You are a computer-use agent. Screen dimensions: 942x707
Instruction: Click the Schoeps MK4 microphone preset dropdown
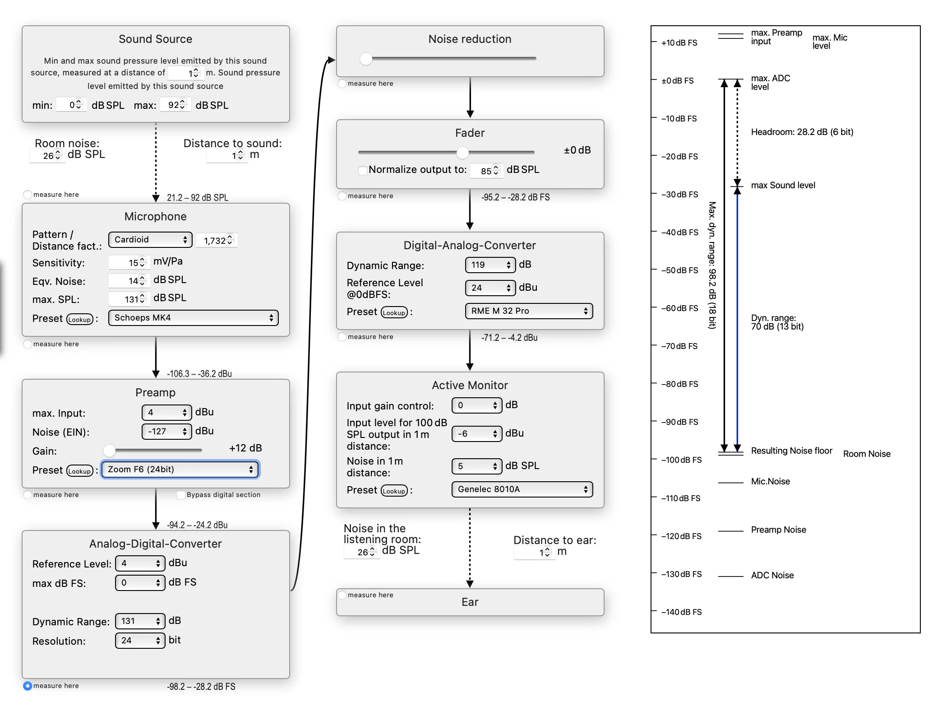coord(193,318)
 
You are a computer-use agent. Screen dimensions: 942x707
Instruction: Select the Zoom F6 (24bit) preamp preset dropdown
coord(180,470)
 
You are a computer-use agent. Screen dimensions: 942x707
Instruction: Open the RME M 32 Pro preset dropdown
coord(529,311)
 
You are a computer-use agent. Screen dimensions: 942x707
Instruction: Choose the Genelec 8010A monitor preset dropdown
coord(522,489)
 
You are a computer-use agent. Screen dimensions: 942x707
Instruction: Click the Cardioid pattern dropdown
coord(150,240)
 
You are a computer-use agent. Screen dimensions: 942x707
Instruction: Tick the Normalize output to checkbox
coord(363,170)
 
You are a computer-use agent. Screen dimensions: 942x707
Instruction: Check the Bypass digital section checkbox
coord(181,495)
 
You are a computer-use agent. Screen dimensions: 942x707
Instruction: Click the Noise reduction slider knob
coord(366,59)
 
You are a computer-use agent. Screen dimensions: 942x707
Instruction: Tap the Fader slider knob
coord(462,153)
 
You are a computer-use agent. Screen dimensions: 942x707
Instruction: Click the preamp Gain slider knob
coord(109,450)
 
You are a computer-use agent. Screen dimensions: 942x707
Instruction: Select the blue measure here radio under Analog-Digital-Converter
coord(28,686)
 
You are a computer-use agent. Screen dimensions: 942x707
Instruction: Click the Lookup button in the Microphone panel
coord(80,320)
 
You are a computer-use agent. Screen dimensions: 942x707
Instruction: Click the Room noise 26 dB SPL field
coord(47,156)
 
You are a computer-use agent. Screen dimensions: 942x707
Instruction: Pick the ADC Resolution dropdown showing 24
coord(140,641)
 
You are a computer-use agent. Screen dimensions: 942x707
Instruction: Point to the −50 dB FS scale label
coord(680,270)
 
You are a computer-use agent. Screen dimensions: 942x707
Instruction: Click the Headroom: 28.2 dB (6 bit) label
coord(802,132)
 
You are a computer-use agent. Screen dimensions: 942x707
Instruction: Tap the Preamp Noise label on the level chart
coord(778,530)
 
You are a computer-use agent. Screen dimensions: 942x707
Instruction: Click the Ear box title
coord(470,602)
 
